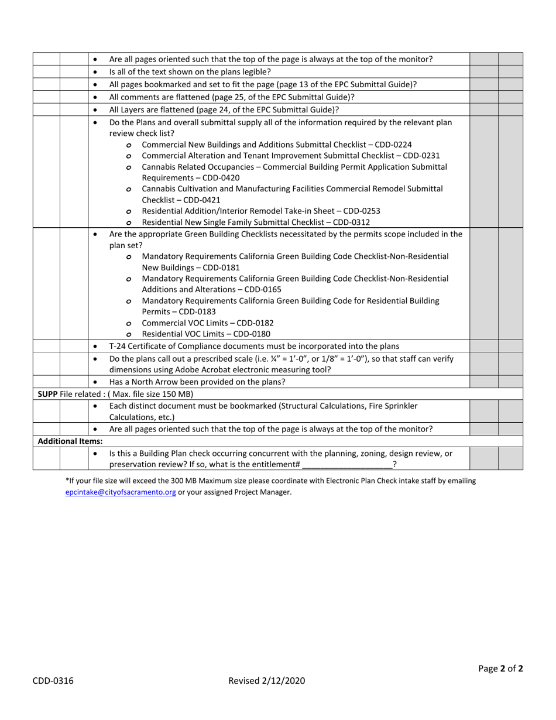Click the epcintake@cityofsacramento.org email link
121,492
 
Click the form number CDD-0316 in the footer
53,680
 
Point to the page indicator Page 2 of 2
500,668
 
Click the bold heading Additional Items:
70,441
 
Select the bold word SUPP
47,394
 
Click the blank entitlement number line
347,465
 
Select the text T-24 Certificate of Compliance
164,346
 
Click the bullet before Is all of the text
95,72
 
